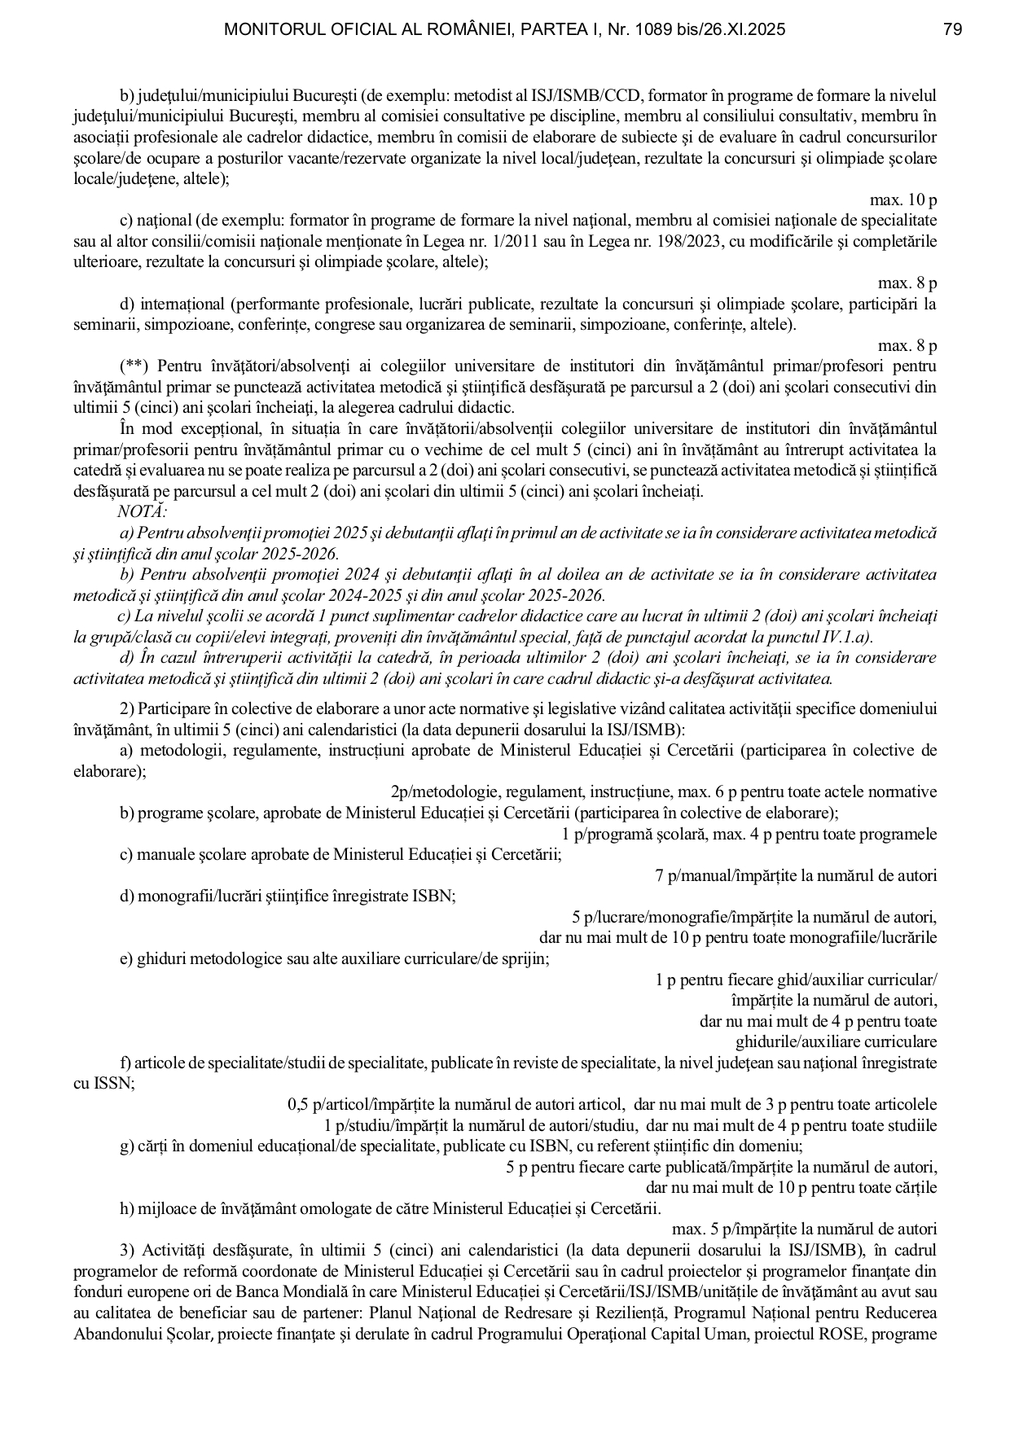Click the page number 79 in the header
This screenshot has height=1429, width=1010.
[x=953, y=30]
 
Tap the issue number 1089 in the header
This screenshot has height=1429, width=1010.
[x=657, y=30]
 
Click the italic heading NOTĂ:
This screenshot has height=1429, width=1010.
[x=143, y=511]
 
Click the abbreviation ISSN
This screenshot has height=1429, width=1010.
[x=112, y=1084]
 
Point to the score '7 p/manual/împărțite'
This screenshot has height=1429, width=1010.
[x=717, y=876]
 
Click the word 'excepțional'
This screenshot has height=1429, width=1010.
[x=219, y=429]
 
